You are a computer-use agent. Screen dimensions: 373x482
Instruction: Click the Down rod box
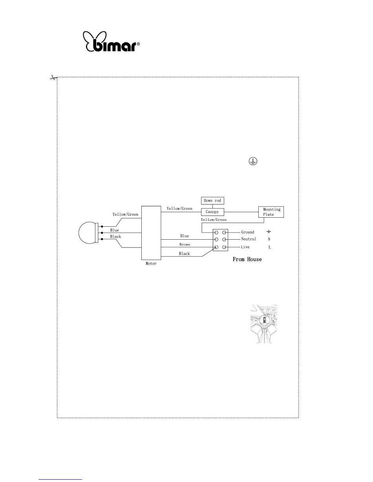tap(212, 201)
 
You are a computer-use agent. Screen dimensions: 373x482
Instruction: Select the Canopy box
tap(212, 212)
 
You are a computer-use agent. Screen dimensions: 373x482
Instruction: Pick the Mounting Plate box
tap(271, 212)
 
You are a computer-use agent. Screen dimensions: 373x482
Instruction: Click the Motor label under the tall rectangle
tap(151, 264)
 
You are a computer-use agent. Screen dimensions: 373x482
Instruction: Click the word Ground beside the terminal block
tap(247, 232)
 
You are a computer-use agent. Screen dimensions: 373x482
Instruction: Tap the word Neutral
tap(249, 239)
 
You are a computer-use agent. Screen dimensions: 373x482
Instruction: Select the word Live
tap(245, 247)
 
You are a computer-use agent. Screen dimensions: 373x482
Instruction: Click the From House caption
tap(247, 259)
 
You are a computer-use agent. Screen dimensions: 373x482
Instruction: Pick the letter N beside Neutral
tap(269, 239)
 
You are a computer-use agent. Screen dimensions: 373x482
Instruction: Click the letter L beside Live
tap(269, 247)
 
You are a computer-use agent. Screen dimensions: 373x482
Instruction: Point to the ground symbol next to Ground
tap(269, 232)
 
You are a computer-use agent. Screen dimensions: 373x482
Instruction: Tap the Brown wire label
tap(185, 245)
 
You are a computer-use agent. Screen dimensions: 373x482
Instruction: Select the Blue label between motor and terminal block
tap(185, 236)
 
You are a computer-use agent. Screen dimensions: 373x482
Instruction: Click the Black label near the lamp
tap(115, 237)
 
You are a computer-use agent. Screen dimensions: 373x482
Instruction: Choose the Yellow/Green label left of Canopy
tap(179, 209)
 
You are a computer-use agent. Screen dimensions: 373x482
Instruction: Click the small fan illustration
tap(264, 324)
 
